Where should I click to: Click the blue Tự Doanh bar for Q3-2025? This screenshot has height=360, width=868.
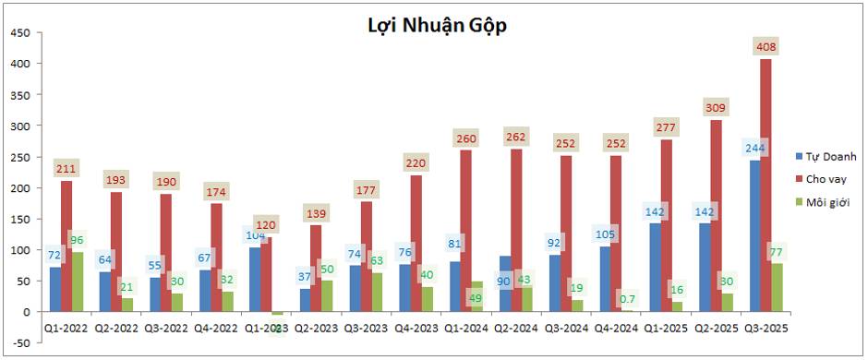pyautogui.click(x=754, y=240)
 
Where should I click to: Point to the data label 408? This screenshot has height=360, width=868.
pyautogui.click(x=766, y=46)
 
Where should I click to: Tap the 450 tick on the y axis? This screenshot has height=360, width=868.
pyautogui.click(x=20, y=32)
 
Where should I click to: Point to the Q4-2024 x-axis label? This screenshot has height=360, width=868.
pyautogui.click(x=616, y=328)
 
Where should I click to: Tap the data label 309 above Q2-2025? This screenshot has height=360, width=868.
pyautogui.click(x=716, y=107)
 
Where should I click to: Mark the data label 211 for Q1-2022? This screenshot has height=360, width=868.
pyautogui.click(x=66, y=168)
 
